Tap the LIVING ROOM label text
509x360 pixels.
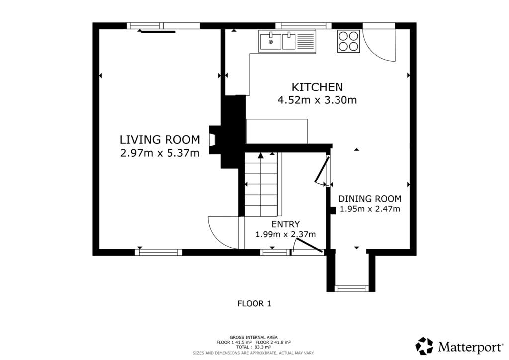[160, 139]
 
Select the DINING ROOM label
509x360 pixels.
[370, 198]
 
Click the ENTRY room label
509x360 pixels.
[285, 224]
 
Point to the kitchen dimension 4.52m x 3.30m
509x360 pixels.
[317, 100]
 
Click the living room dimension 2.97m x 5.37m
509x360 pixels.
[160, 153]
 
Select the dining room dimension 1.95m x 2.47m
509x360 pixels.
[370, 209]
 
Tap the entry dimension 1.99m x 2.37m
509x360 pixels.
[286, 234]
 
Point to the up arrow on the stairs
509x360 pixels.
[260, 156]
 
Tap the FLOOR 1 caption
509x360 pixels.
[254, 303]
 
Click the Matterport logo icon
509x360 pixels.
[424, 346]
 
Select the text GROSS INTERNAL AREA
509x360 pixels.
[254, 337]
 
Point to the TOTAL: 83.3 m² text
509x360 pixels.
[254, 348]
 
